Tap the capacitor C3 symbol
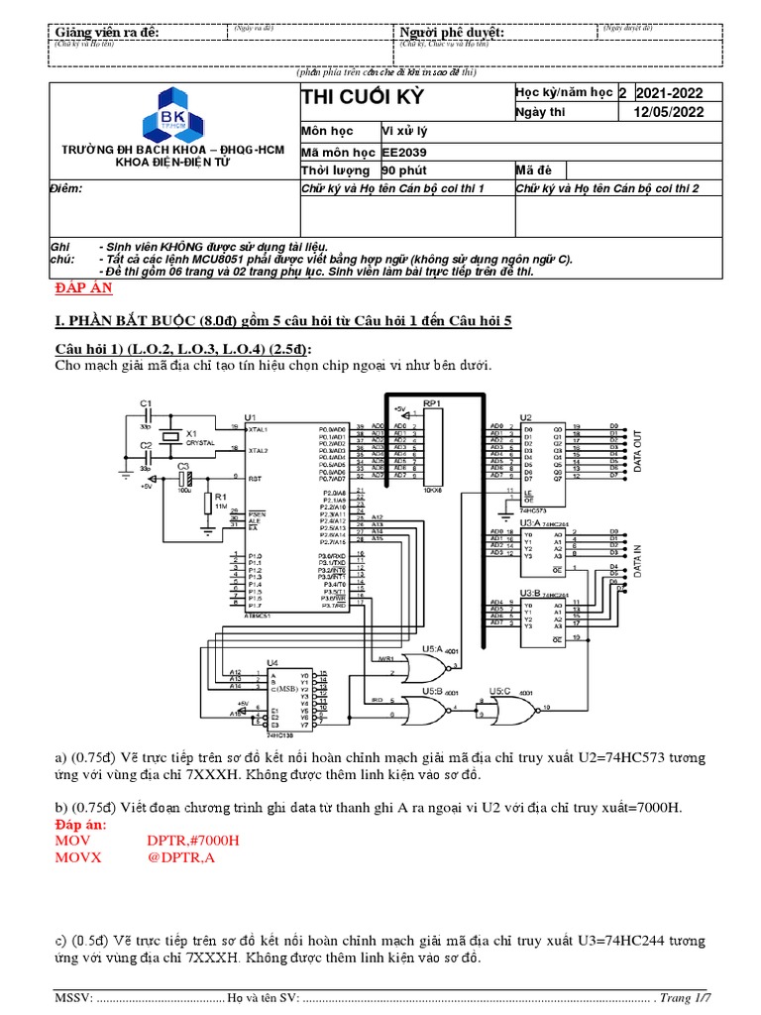(182, 476)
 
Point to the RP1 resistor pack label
(432, 404)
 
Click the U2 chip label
(525, 417)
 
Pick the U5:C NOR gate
(514, 710)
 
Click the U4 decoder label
(272, 662)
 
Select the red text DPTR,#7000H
(193, 841)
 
